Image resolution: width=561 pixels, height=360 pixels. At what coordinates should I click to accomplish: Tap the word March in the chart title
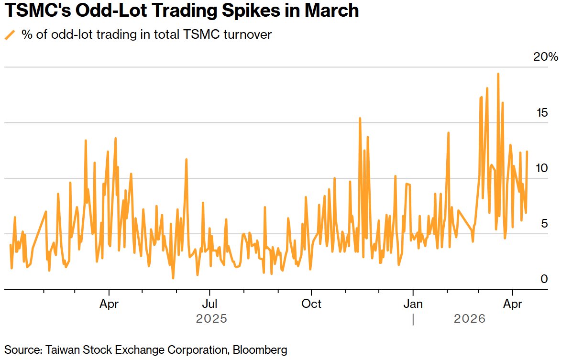tap(330, 11)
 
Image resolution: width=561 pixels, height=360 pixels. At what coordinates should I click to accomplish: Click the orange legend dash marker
tap(10, 34)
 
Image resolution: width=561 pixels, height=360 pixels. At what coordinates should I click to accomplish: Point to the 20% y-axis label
tap(546, 57)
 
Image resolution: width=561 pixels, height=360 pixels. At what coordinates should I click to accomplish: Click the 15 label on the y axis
tap(542, 113)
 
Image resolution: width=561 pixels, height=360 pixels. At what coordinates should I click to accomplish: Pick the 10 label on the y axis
tap(542, 168)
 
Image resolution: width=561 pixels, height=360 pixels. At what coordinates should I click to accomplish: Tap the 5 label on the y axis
tap(544, 224)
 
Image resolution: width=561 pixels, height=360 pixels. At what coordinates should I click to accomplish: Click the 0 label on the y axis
tap(544, 279)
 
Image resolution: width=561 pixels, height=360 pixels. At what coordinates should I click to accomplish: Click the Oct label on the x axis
tap(312, 304)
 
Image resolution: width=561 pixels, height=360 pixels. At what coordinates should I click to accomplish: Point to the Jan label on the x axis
tap(413, 304)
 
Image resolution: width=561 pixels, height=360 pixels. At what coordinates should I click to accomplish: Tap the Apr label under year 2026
tap(513, 304)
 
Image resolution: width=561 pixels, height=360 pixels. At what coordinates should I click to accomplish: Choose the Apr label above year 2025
tap(110, 304)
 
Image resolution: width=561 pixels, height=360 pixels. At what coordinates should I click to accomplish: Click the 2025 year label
tap(211, 318)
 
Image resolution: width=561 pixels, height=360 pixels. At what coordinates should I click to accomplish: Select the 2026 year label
tap(469, 318)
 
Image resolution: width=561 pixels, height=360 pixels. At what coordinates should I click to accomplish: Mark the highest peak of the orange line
tap(498, 74)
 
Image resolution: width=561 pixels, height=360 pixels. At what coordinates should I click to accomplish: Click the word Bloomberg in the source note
tap(260, 349)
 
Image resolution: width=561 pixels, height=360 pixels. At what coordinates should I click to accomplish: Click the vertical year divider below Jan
tap(413, 319)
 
